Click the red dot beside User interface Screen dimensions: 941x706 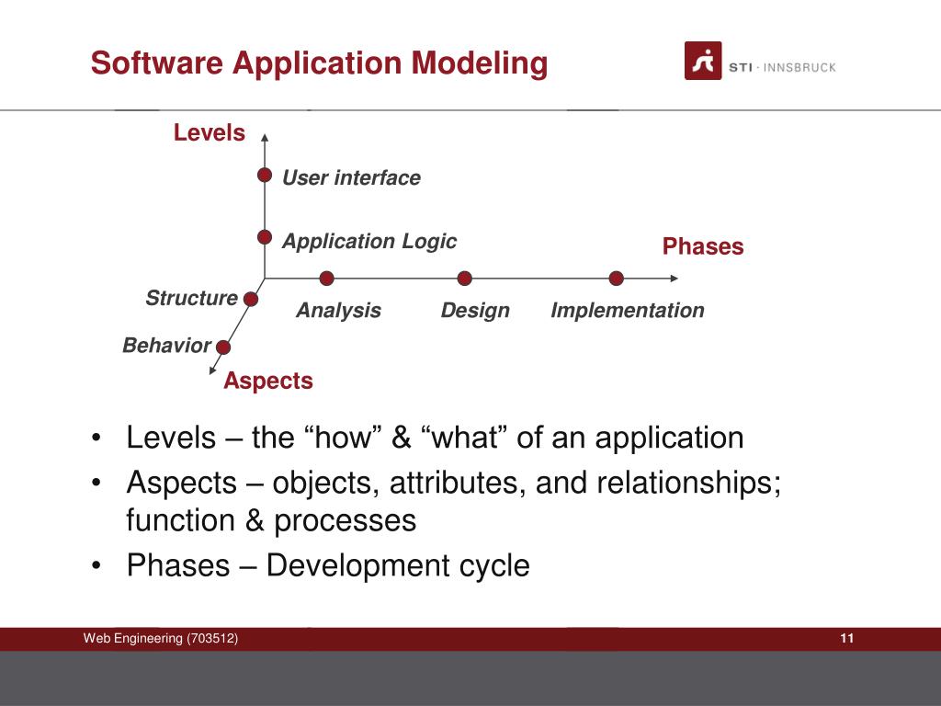(265, 175)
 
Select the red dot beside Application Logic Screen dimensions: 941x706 (265, 237)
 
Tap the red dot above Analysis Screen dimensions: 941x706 (326, 278)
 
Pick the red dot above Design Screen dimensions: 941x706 (464, 278)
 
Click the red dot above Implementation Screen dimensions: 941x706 (617, 278)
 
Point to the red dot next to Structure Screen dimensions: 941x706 (251, 299)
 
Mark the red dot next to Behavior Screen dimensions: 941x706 (223, 347)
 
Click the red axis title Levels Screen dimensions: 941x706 (210, 132)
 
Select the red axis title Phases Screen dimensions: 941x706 (703, 246)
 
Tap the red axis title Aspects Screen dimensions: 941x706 (268, 381)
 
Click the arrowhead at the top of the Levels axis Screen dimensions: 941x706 (265, 138)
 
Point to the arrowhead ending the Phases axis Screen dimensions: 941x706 (675, 278)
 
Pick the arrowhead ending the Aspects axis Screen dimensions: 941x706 (212, 370)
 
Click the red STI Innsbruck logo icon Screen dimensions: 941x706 (703, 61)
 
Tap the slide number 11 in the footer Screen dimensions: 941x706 (846, 638)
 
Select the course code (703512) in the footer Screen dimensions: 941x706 (212, 638)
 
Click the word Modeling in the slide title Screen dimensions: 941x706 (479, 63)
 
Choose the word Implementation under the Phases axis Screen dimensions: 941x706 (628, 311)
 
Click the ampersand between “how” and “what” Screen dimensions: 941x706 (402, 437)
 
